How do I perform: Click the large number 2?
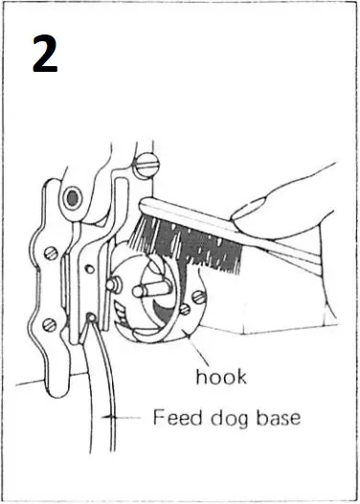click(44, 55)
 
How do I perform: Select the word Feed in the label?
click(176, 418)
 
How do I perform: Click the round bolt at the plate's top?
click(71, 199)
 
